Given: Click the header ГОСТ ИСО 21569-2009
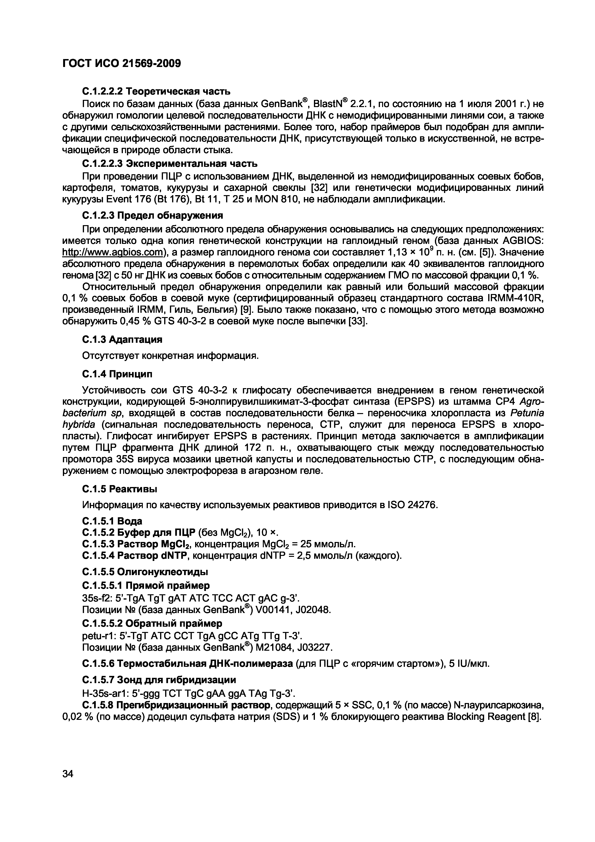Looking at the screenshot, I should click(122, 63).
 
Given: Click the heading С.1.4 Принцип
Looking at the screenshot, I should click(117, 374).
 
